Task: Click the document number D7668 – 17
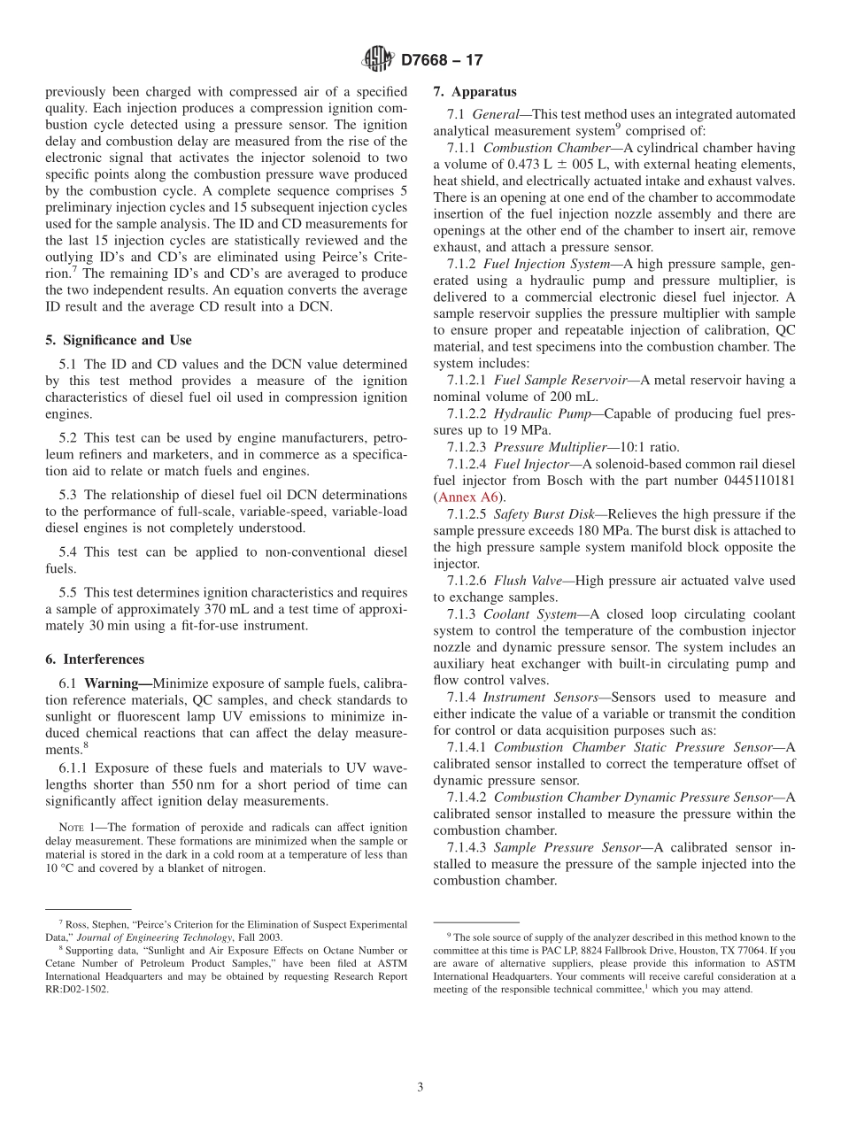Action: tap(442, 60)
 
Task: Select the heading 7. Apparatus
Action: tap(475, 91)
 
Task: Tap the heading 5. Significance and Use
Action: tap(119, 340)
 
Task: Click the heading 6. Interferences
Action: tap(95, 659)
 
